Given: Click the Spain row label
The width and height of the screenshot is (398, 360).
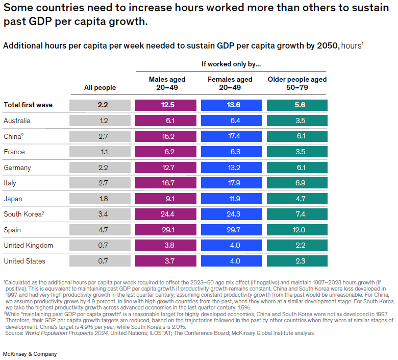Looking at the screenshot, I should coord(12,230).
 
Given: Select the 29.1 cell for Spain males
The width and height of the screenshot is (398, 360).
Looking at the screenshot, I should coord(167,230).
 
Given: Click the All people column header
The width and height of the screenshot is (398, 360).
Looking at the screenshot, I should coord(100,87).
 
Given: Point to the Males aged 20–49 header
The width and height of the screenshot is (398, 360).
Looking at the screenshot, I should coord(167,83).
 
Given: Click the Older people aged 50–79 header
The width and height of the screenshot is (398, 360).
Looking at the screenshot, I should coord(297,83).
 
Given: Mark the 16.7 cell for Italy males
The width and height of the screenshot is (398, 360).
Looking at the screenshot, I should coord(167,183).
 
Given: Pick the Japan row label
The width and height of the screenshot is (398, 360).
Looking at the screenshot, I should coord(13,199).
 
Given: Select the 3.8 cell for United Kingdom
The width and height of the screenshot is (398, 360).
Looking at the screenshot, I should coord(167,246).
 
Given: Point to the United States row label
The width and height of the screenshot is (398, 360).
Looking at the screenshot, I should coord(24,261).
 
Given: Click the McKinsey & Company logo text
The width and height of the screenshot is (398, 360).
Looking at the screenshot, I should coord(30,354).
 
